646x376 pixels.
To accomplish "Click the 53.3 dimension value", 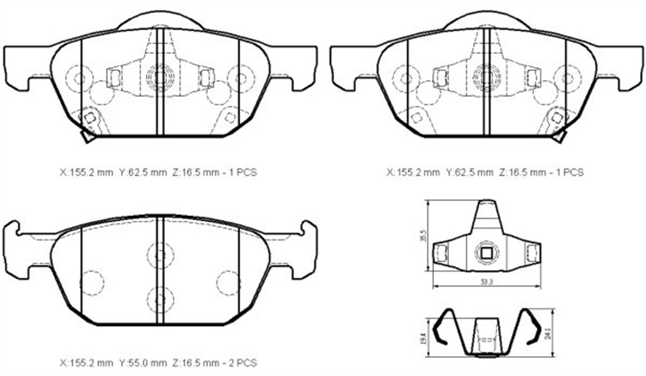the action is pyautogui.click(x=486, y=282).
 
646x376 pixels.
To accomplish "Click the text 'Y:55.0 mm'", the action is pyautogui.click(x=143, y=363).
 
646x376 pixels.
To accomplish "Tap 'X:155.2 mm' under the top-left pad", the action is pyautogui.click(x=86, y=172).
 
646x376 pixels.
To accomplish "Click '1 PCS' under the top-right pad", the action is pyautogui.click(x=570, y=172).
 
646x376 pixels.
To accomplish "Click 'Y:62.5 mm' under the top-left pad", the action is pyautogui.click(x=143, y=172).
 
